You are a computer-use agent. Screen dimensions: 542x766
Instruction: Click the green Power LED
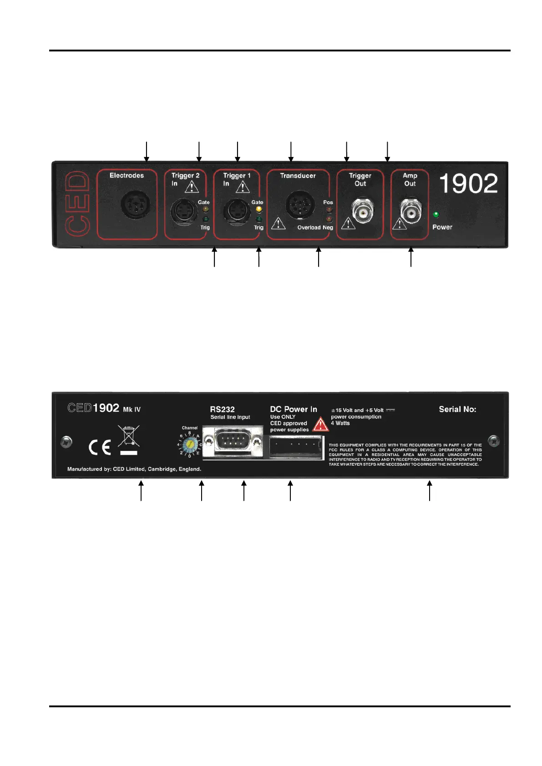436,215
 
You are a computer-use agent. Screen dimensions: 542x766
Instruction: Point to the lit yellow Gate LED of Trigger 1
259,210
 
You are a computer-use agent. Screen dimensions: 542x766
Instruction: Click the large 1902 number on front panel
468,184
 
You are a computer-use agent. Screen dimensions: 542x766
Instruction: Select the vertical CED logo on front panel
76,203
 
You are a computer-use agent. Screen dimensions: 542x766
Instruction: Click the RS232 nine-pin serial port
233,441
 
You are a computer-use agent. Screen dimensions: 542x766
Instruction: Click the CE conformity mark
100,447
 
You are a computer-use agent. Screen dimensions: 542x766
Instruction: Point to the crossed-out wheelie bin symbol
128,436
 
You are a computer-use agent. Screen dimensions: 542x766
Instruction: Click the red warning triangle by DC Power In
321,424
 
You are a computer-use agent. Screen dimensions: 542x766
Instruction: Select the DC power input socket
295,447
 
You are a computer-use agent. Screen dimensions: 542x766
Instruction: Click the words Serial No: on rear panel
457,409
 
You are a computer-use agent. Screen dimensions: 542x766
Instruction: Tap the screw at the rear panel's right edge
493,441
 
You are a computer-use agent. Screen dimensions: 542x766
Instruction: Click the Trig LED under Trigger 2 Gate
205,219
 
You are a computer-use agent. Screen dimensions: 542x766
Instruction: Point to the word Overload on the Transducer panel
309,228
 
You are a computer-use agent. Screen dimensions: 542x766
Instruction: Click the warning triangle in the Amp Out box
399,223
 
